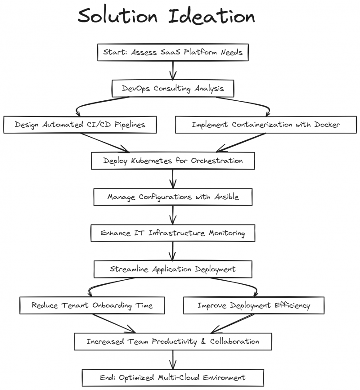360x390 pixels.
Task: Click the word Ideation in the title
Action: click(x=212, y=17)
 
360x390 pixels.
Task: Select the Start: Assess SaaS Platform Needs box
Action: click(x=173, y=52)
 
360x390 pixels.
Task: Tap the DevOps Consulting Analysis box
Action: click(x=173, y=89)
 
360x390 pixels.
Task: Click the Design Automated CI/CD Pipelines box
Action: click(x=80, y=125)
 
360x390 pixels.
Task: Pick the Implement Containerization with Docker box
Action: click(x=265, y=125)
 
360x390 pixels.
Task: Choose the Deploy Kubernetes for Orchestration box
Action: click(x=173, y=161)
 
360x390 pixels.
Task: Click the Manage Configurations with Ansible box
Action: click(x=173, y=197)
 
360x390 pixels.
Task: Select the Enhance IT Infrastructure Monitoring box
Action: click(x=173, y=233)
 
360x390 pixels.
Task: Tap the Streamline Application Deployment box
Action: click(x=173, y=269)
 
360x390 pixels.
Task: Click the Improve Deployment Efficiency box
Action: click(x=254, y=305)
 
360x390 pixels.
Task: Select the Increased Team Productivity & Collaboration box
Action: click(x=173, y=341)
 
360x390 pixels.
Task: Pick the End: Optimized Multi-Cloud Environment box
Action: click(x=173, y=377)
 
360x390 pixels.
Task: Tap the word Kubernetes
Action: click(x=144, y=161)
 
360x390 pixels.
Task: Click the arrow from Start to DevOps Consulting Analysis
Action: click(x=173, y=70)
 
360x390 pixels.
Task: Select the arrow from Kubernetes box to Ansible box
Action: click(x=173, y=179)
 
